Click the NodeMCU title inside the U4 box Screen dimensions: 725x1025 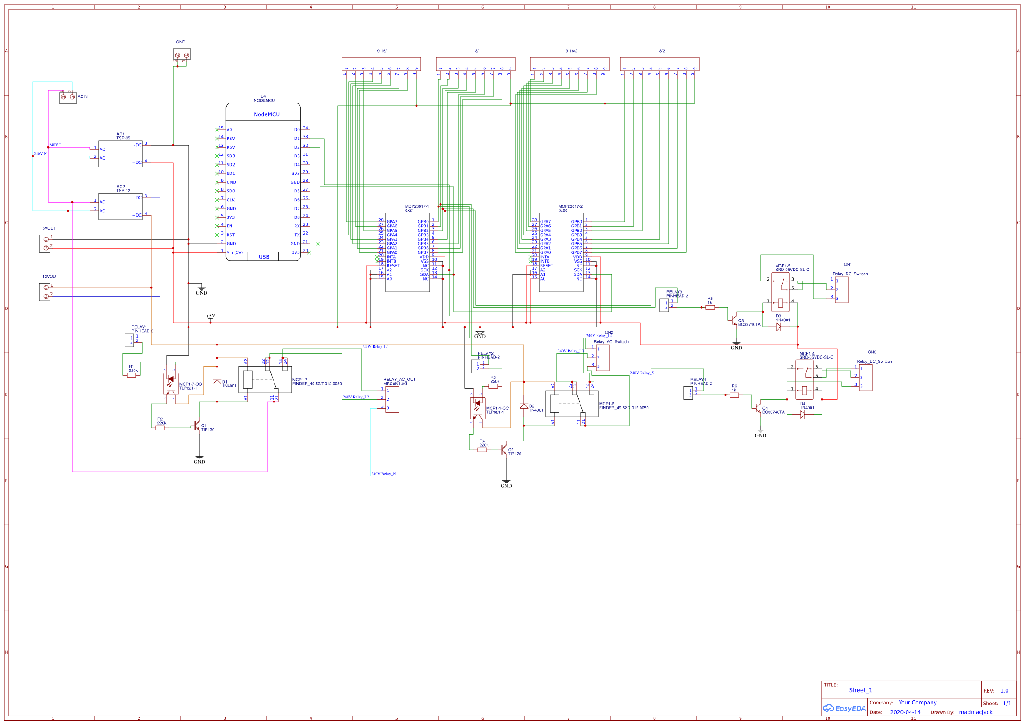tap(267, 114)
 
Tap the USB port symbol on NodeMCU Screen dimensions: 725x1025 tap(263, 257)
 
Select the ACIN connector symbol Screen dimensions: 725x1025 tap(68, 98)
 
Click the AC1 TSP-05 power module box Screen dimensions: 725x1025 tap(120, 153)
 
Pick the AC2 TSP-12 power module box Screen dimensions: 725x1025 tap(120, 206)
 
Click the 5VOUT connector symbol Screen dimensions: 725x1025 tap(45, 244)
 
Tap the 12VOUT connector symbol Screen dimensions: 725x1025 tap(45, 292)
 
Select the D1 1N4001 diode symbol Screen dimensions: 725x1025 tap(217, 382)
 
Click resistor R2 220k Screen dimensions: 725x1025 tap(160, 428)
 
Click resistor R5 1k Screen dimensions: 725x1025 tap(710, 308)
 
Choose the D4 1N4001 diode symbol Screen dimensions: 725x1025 tap(803, 415)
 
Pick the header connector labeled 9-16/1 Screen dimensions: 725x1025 tap(381, 64)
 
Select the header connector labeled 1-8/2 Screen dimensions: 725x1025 tap(659, 64)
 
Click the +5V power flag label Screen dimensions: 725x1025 tap(210, 316)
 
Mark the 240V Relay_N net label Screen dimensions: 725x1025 tap(384, 474)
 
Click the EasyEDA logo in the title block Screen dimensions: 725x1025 tap(844, 708)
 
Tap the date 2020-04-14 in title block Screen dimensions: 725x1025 tap(905, 712)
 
